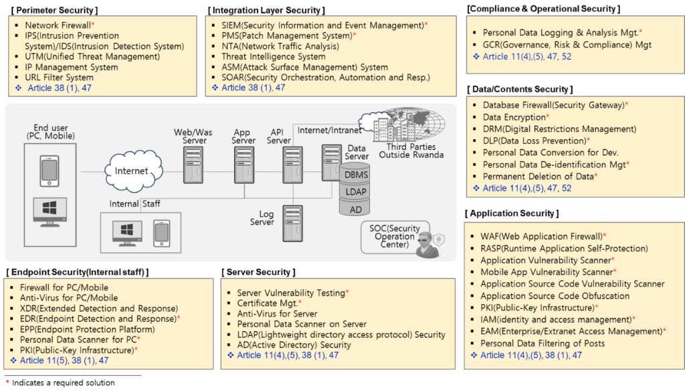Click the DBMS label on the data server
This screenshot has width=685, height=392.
point(356,175)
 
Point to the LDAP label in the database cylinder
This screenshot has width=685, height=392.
point(356,192)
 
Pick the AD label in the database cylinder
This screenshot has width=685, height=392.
point(356,209)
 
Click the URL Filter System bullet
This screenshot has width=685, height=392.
point(59,78)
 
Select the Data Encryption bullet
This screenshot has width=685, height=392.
point(516,117)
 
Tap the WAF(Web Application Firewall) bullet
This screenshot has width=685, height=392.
point(542,236)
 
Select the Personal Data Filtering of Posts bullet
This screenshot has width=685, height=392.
point(542,343)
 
